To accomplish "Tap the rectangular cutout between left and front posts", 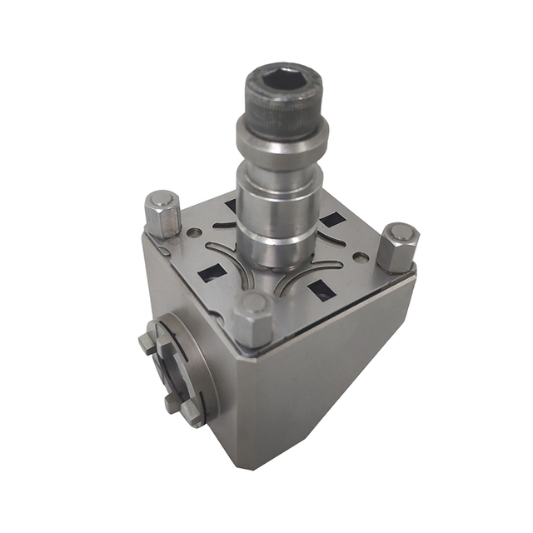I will [207, 270].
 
